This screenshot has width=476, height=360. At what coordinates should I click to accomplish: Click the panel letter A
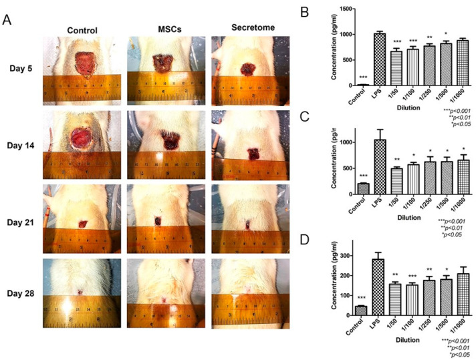[9, 21]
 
